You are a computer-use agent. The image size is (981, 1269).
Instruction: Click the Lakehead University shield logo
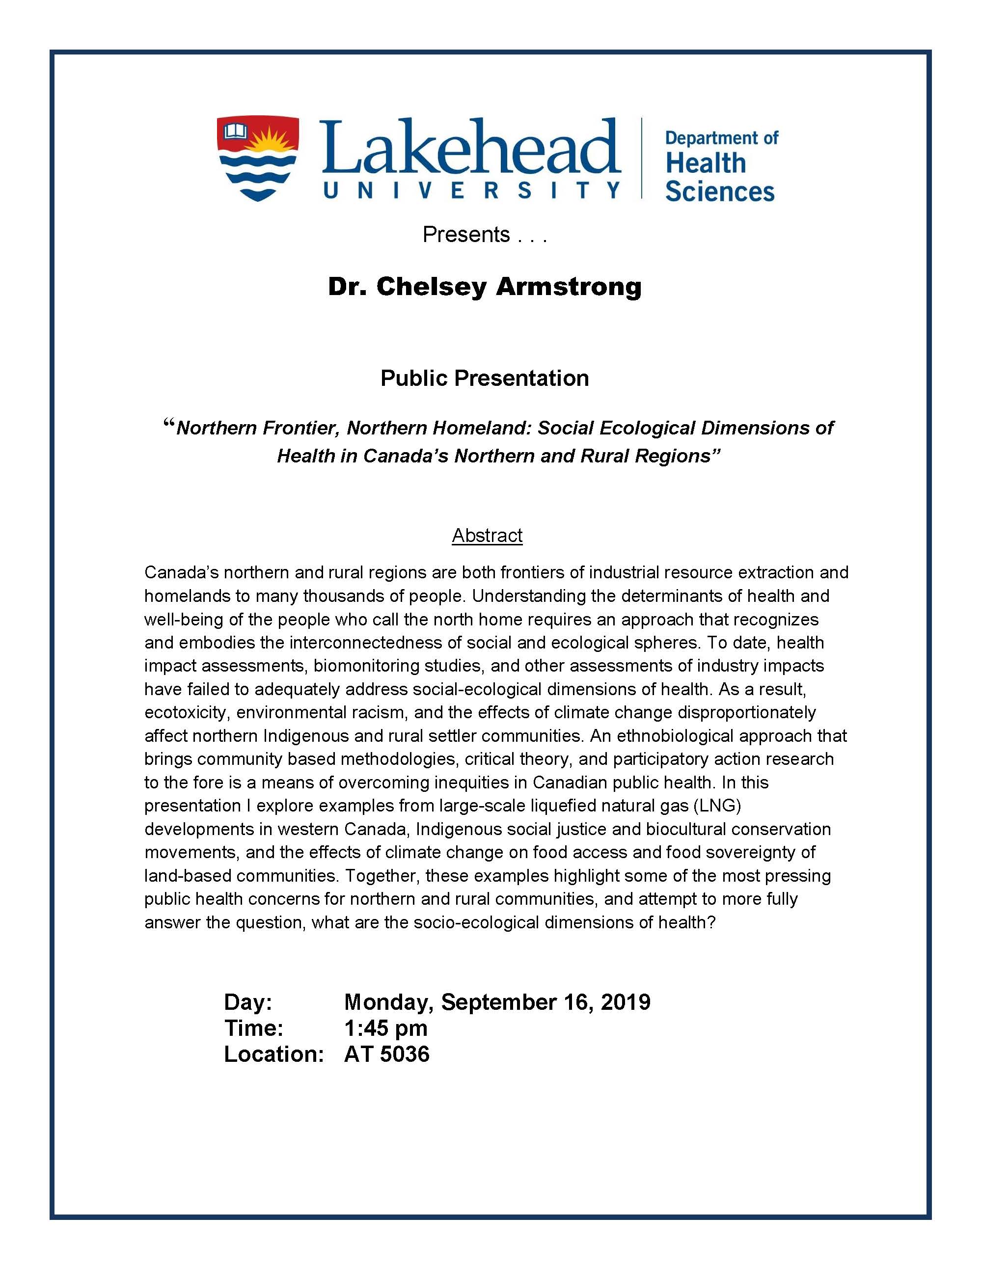257,159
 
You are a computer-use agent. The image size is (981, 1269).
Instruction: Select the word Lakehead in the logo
469,148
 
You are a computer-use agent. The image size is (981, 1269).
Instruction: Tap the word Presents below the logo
465,234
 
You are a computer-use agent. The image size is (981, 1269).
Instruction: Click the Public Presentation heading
485,378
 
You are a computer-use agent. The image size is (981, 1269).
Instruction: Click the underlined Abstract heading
487,535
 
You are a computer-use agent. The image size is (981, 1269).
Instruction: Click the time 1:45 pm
386,1028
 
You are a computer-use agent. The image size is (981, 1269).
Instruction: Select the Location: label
273,1053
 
